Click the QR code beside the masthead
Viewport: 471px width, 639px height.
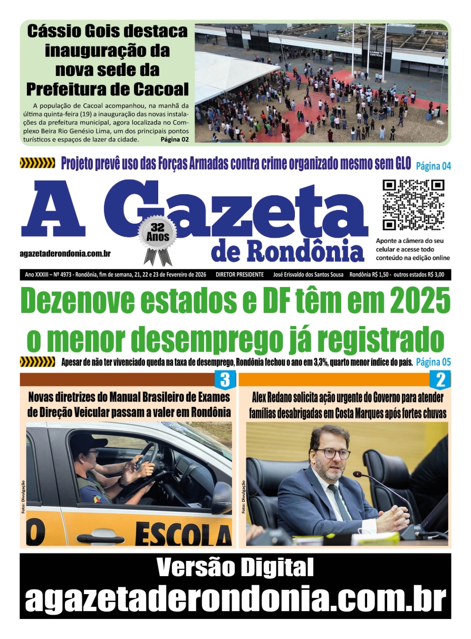click(x=413, y=205)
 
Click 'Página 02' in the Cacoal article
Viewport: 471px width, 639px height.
click(x=175, y=140)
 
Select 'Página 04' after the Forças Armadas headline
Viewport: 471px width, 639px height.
click(x=434, y=166)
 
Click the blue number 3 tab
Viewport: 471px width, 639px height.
click(x=224, y=380)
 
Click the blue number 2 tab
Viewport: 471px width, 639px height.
click(x=440, y=380)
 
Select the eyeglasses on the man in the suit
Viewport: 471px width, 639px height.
click(x=332, y=453)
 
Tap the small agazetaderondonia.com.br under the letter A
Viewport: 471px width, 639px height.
click(x=65, y=254)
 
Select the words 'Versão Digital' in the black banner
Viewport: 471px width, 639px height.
click(x=235, y=568)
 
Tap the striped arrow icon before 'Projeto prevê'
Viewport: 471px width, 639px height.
click(x=37, y=163)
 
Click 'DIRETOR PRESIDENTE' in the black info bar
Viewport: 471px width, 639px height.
click(x=239, y=274)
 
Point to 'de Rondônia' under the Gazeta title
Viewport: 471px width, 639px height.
click(x=287, y=252)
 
